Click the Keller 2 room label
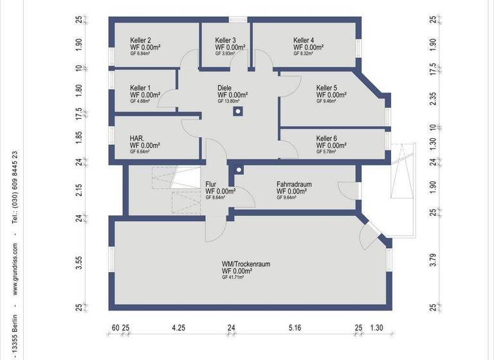140,40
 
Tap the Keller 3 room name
226,40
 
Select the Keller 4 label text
304,40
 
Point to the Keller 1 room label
140,88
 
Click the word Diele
224,88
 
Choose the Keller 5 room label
326,88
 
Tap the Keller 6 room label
326,138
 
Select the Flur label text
211,184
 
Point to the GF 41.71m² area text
233,277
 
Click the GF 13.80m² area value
229,101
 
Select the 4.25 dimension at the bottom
178,328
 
